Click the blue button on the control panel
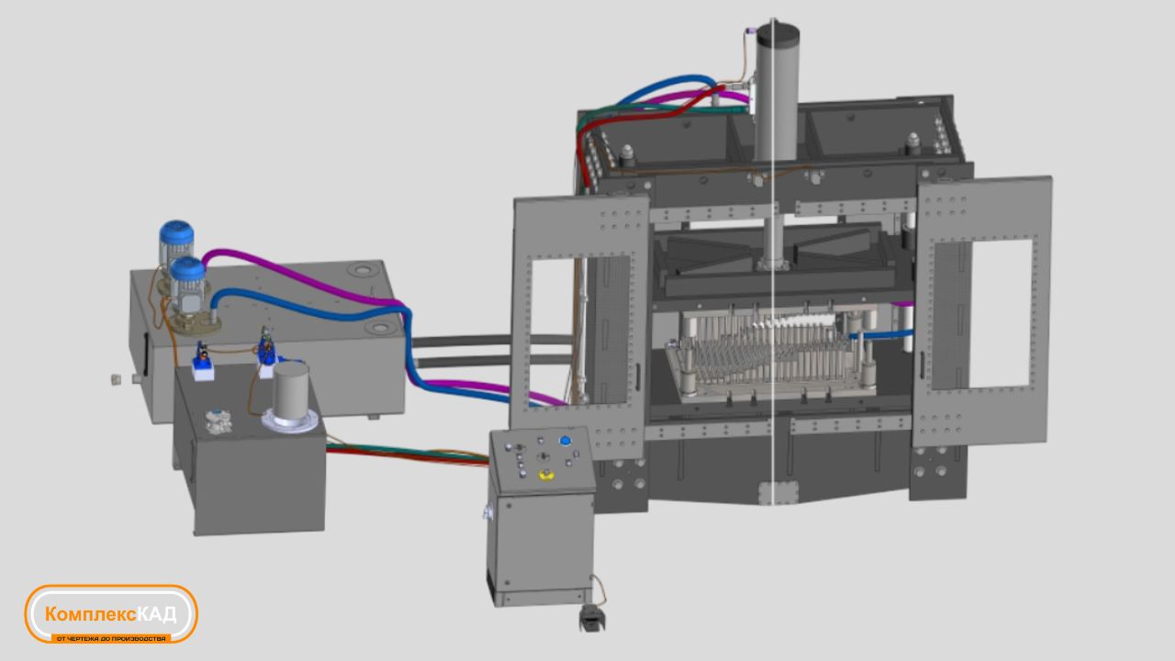[565, 441]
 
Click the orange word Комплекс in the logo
[91, 614]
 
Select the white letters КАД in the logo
[157, 613]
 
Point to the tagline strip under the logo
[111, 638]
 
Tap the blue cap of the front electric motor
[188, 270]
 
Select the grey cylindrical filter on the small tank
[291, 388]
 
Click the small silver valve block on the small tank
[218, 421]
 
